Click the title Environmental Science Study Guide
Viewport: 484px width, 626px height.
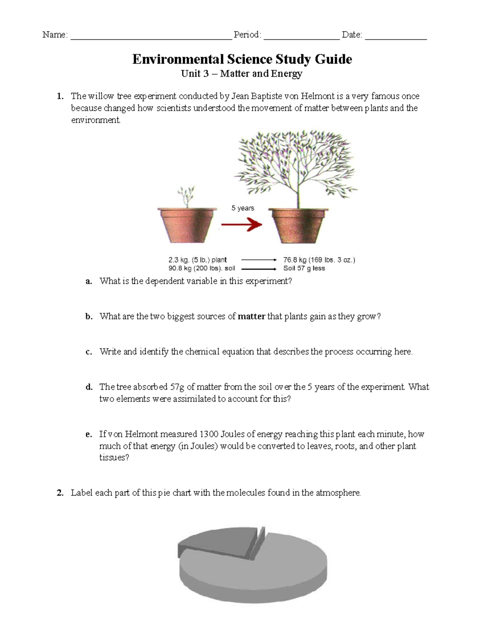click(242, 59)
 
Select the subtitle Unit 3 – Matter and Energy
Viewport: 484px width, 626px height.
click(242, 74)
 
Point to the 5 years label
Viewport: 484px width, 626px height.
click(242, 208)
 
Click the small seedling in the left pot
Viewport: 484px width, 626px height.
click(186, 197)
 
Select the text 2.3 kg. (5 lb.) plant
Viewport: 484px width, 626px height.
click(198, 260)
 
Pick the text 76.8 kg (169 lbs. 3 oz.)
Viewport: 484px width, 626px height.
click(319, 260)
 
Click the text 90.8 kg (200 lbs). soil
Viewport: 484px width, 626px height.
click(202, 268)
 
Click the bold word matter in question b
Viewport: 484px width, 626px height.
click(251, 316)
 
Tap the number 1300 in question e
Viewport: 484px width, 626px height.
click(209, 434)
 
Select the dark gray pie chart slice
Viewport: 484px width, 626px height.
click(214, 542)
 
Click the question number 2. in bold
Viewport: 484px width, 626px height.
click(60, 493)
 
